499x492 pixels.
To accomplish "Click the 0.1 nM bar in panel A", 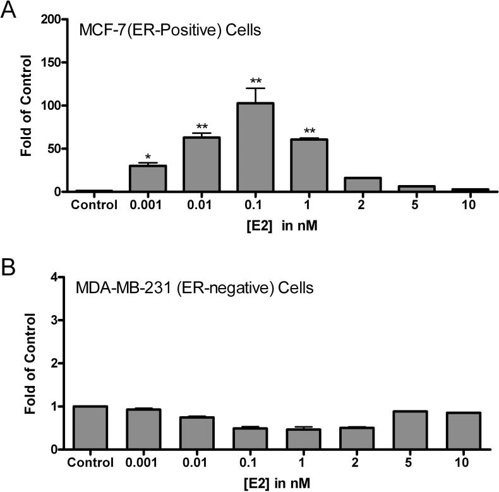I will [x=255, y=147].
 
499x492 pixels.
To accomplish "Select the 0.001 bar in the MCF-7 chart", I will [x=147, y=179].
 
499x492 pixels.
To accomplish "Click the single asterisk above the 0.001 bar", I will [x=147, y=156].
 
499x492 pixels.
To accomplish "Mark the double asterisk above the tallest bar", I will [x=255, y=81].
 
